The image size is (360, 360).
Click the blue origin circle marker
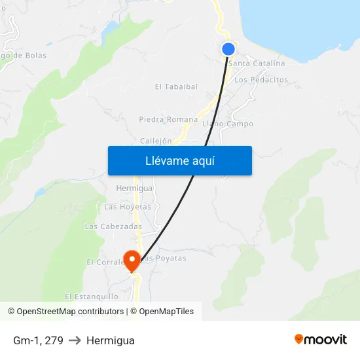point(228,48)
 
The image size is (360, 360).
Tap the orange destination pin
point(132,260)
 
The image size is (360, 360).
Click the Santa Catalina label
point(257,63)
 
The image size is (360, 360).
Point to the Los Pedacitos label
point(261,80)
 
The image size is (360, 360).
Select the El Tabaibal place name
point(176,86)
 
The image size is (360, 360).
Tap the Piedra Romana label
point(168,120)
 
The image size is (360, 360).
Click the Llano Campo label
point(228,124)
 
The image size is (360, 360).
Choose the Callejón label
point(156,141)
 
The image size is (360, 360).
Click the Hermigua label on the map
point(134,189)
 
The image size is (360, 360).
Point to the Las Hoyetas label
point(128,207)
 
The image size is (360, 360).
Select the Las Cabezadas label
point(113,226)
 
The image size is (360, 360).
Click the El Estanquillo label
point(92,297)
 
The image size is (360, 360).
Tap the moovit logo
point(321,339)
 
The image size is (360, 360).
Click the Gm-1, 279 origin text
point(38,340)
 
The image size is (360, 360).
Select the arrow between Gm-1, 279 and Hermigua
point(75,340)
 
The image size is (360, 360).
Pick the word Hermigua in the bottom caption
point(110,340)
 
